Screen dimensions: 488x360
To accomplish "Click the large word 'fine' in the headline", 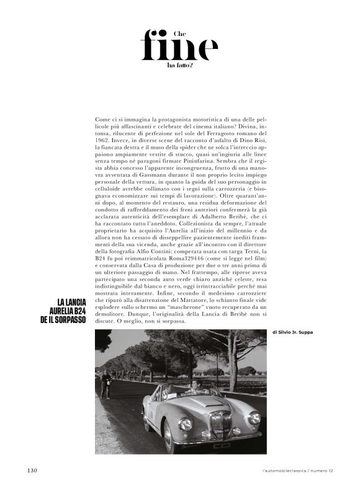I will pyautogui.click(x=179, y=47).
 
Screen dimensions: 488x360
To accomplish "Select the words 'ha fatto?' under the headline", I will pyautogui.click(x=180, y=64).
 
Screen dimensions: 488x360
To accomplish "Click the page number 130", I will pyautogui.click(x=33, y=470).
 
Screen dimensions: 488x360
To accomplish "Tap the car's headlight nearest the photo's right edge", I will pyautogui.click(x=254, y=418).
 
